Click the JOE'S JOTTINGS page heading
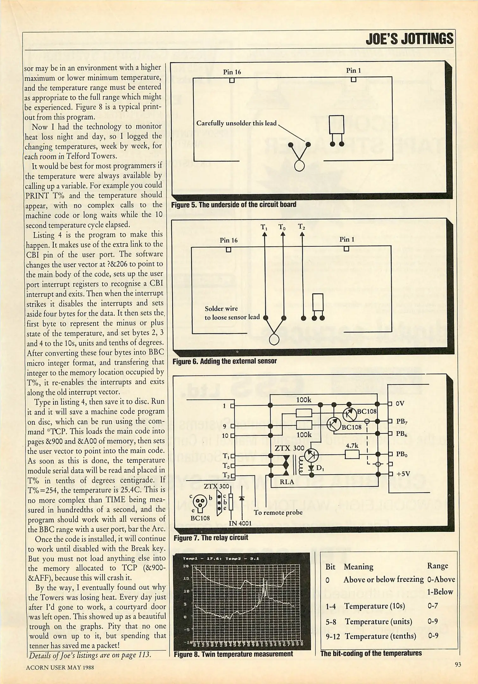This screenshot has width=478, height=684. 409,39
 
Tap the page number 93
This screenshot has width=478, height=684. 458,664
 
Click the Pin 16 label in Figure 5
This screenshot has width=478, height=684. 232,72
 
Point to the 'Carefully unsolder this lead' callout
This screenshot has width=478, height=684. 236,123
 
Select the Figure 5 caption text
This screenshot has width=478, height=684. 234,205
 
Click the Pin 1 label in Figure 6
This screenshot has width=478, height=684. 347,239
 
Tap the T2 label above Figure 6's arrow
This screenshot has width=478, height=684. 301,227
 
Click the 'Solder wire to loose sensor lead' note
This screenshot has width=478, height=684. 232,313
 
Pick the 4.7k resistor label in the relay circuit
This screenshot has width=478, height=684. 352,446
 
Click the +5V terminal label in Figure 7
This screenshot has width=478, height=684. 403,474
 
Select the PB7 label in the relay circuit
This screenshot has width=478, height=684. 401,421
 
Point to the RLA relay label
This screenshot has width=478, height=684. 287,482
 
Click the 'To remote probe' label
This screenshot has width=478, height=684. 278,512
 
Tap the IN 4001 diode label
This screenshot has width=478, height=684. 240,523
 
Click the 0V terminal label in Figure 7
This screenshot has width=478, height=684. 400,403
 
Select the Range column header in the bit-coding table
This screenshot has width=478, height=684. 437,566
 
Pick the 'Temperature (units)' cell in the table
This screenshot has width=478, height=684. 378,621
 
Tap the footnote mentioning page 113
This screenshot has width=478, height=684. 90,655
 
